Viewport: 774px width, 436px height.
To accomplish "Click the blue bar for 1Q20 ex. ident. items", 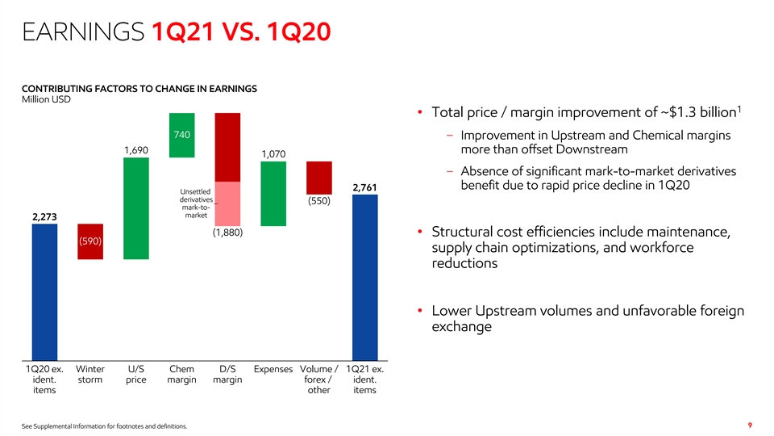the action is tap(44, 292).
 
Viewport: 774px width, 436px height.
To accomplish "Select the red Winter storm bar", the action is tap(90, 241).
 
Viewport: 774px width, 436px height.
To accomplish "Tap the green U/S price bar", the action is tap(136, 208).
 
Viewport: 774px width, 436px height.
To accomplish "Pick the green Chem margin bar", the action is tap(181, 135).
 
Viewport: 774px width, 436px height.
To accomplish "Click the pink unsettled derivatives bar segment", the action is tap(227, 203).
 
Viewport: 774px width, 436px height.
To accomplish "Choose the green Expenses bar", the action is tap(273, 194).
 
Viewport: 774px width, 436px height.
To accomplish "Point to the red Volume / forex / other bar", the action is tap(319, 178).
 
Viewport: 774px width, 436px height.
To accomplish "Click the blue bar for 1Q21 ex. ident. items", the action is tap(364, 277).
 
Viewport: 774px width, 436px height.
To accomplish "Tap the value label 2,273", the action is tap(44, 216).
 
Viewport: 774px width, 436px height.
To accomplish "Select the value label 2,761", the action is tap(364, 187).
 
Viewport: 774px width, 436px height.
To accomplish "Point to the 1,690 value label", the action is tap(136, 150).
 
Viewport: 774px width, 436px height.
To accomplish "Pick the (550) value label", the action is tap(319, 201).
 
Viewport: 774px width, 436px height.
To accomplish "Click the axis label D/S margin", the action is tap(227, 374).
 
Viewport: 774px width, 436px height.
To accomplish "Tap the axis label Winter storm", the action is tap(89, 374).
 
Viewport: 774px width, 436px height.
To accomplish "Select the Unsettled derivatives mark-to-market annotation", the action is tap(196, 203).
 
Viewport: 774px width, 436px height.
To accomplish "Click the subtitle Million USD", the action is tap(46, 99).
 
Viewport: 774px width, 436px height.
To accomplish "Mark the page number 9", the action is tap(750, 426).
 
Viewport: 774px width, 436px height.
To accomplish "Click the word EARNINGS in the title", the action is tap(83, 31).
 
